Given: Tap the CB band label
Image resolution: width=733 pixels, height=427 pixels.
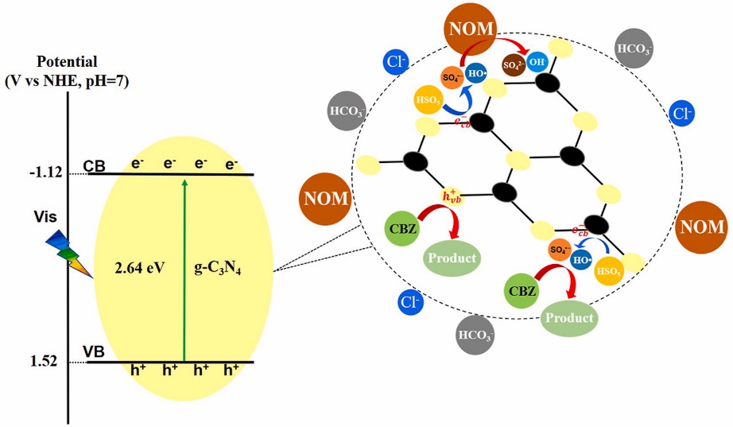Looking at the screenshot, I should click(95, 166).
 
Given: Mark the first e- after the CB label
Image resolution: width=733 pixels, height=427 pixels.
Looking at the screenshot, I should click(138, 165).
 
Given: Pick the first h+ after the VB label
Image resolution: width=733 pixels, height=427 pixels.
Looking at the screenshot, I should click(138, 370).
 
